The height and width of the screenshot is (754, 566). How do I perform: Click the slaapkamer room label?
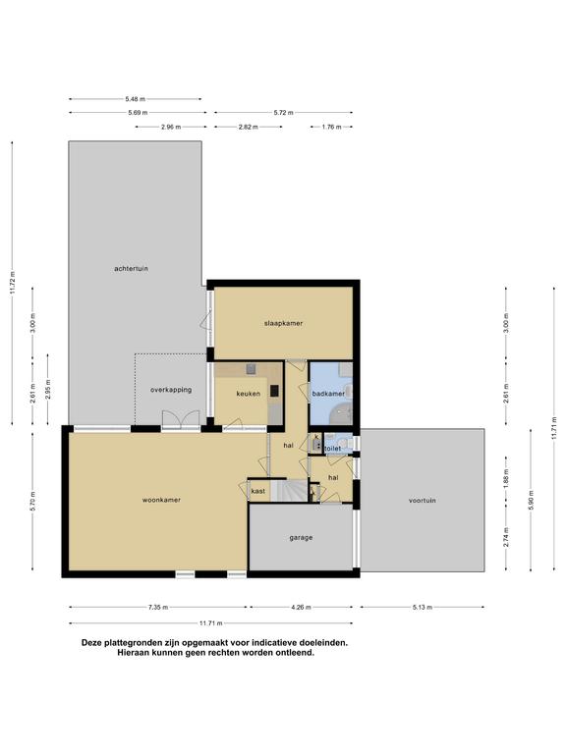(x=283, y=323)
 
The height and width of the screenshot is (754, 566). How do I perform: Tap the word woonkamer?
(x=161, y=500)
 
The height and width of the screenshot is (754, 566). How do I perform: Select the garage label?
(x=301, y=538)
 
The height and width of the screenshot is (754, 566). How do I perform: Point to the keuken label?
(x=248, y=394)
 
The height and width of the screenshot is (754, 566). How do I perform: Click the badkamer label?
(x=328, y=394)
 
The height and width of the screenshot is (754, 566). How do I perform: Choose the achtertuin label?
(x=131, y=268)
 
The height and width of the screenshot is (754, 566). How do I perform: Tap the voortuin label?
(x=423, y=500)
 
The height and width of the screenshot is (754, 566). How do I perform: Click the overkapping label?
(x=171, y=390)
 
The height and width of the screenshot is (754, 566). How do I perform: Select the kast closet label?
(x=258, y=492)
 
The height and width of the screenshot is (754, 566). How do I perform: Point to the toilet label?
(x=332, y=448)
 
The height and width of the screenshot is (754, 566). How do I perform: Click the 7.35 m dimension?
(x=158, y=608)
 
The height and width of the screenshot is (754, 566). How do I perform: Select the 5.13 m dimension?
(x=423, y=608)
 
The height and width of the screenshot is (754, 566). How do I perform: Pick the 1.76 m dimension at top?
(x=331, y=127)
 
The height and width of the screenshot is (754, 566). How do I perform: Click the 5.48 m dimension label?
(x=135, y=99)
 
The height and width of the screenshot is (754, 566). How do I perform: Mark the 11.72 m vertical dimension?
(x=13, y=283)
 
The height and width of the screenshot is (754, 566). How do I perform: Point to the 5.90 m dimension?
(x=531, y=500)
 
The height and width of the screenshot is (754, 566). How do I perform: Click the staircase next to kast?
(x=289, y=491)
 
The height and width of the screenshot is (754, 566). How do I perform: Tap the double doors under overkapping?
(x=181, y=419)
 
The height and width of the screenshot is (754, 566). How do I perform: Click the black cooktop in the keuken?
(x=274, y=391)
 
